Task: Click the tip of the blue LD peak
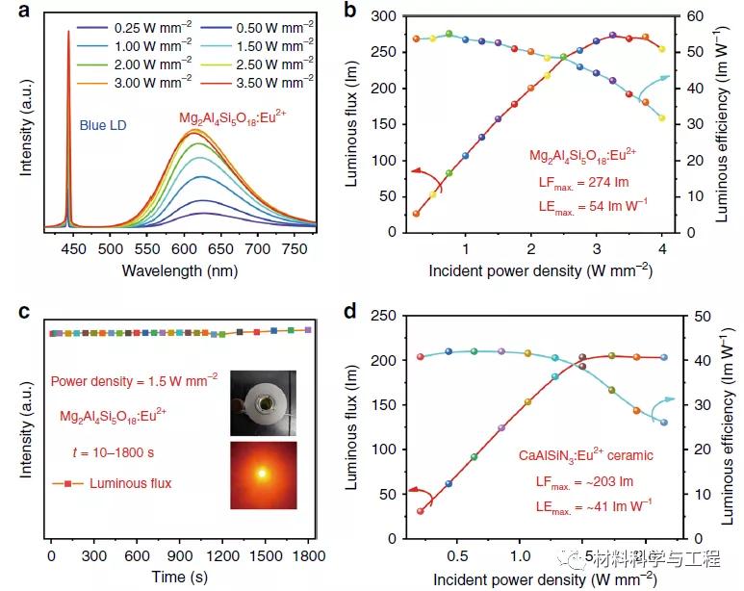tap(68, 32)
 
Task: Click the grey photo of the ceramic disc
tap(264, 402)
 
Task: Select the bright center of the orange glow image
tap(263, 474)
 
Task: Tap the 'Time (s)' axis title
tap(180, 578)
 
